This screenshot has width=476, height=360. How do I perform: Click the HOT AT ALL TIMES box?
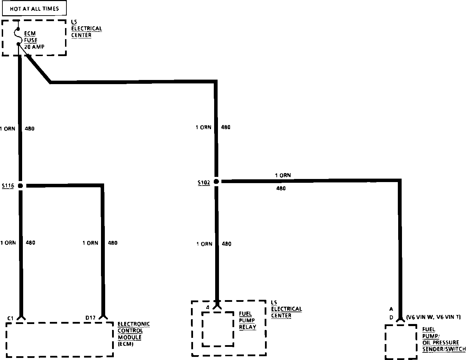[x=34, y=9]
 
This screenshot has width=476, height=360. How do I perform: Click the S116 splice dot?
[x=20, y=186]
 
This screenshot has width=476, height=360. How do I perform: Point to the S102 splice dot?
[x=216, y=181]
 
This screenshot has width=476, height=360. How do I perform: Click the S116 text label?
[x=8, y=186]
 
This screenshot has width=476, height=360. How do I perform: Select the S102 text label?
[x=204, y=182]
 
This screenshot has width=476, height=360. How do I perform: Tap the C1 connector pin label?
[x=10, y=318]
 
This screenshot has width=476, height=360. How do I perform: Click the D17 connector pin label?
[x=91, y=318]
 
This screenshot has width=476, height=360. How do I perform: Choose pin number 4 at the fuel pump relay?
[x=208, y=307]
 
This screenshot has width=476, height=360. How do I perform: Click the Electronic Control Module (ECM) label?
[x=134, y=334]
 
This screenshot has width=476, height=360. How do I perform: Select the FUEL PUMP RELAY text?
[x=248, y=320]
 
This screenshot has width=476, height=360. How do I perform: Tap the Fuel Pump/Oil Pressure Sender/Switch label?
[x=444, y=339]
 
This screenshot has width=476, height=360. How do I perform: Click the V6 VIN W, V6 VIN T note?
[x=433, y=317]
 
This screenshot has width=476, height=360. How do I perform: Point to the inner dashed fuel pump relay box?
[x=218, y=328]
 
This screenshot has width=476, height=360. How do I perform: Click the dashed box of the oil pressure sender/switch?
[x=401, y=342]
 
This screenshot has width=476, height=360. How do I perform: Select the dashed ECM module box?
[x=59, y=339]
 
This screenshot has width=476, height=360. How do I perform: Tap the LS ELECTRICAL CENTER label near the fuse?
[x=86, y=29]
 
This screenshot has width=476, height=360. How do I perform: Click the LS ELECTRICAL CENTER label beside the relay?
[x=286, y=309]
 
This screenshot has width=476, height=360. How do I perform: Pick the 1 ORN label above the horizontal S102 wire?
[x=283, y=175]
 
